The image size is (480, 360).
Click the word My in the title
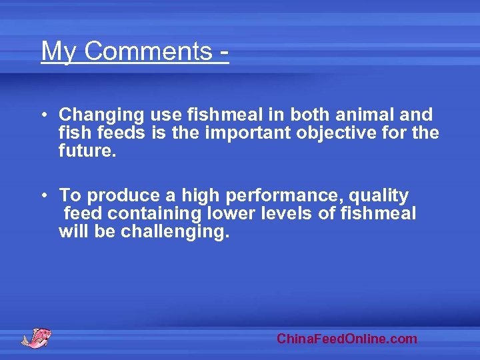click(x=58, y=51)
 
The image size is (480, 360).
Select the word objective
click(x=340, y=133)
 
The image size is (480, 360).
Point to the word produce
click(x=124, y=195)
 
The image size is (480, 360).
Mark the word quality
click(x=379, y=195)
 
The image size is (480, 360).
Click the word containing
click(x=154, y=213)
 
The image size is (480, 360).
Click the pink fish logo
click(x=36, y=337)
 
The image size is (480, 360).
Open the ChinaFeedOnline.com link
click(x=347, y=339)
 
